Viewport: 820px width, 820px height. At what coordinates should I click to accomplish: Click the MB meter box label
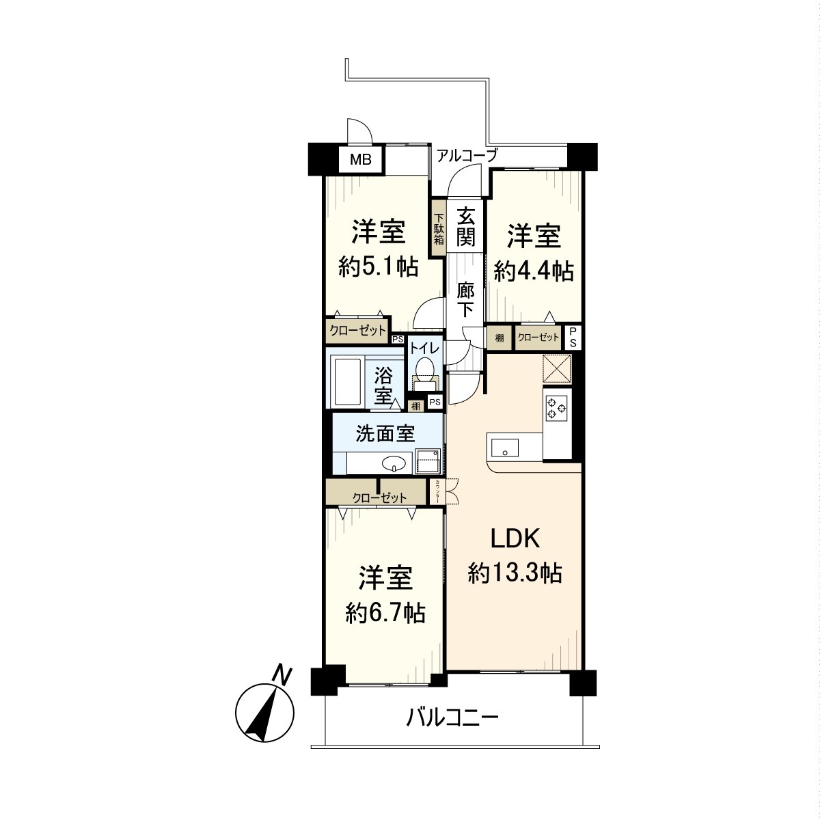[361, 161]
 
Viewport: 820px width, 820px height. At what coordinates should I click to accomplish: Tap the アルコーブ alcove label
[467, 156]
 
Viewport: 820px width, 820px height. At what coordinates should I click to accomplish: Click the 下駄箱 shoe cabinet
[438, 230]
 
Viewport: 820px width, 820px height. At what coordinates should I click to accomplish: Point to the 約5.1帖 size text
[379, 267]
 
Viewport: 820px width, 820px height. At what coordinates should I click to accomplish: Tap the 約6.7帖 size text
[385, 613]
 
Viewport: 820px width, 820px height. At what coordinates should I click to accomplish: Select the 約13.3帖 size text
[515, 573]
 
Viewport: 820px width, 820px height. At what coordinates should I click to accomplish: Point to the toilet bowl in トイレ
[426, 369]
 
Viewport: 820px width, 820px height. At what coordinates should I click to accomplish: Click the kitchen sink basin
[504, 448]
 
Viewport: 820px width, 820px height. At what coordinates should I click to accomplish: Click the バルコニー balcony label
[452, 717]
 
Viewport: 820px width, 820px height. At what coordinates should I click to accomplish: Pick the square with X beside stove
[557, 370]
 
